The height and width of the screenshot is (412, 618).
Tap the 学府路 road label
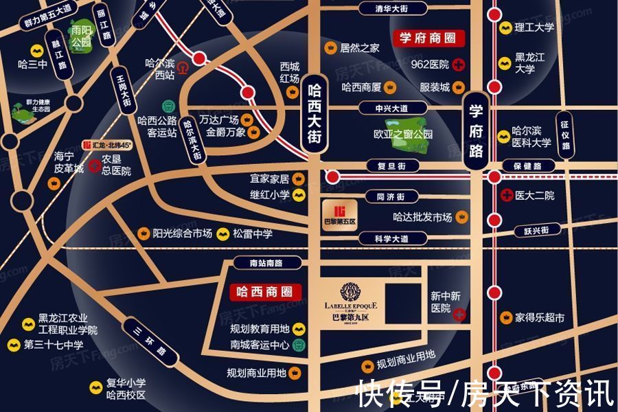[477, 133]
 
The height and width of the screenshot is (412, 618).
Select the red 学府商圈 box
[428, 38]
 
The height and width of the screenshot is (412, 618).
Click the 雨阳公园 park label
[81, 36]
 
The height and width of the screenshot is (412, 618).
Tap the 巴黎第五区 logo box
[340, 214]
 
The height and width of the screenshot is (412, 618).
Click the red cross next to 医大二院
[507, 195]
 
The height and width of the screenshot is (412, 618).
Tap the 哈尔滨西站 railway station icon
[183, 67]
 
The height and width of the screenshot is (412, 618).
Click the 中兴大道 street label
[391, 108]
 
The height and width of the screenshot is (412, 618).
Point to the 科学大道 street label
[392, 239]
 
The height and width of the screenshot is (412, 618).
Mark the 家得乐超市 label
[540, 318]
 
